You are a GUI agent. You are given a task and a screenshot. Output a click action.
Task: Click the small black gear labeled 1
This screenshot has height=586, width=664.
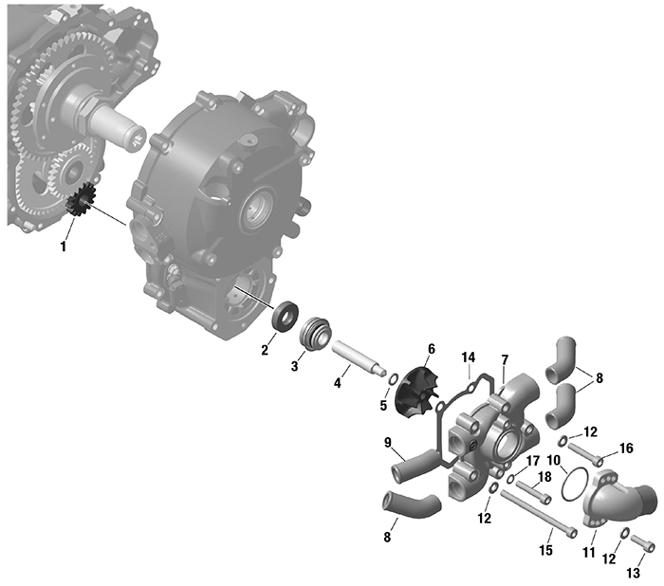tap(81, 199)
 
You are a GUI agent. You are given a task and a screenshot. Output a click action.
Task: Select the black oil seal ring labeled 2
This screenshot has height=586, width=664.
tap(285, 315)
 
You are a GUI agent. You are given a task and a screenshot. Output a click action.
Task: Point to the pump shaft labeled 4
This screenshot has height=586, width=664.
tap(358, 357)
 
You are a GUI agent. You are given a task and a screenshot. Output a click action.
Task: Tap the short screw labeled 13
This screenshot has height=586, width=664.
tap(643, 543)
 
